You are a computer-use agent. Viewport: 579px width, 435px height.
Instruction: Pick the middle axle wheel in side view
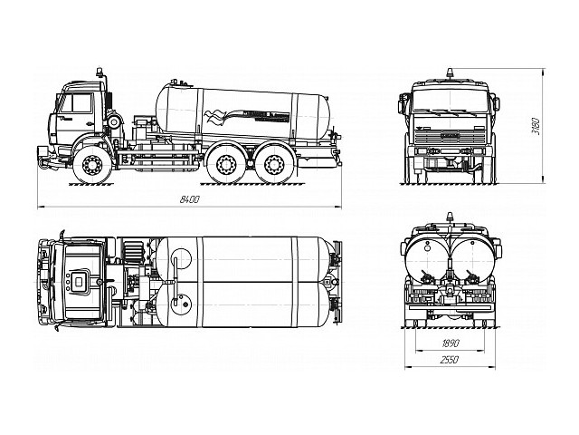pyautogui.click(x=225, y=165)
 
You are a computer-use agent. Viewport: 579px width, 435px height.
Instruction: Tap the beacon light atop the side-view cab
pyautogui.click(x=99, y=68)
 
